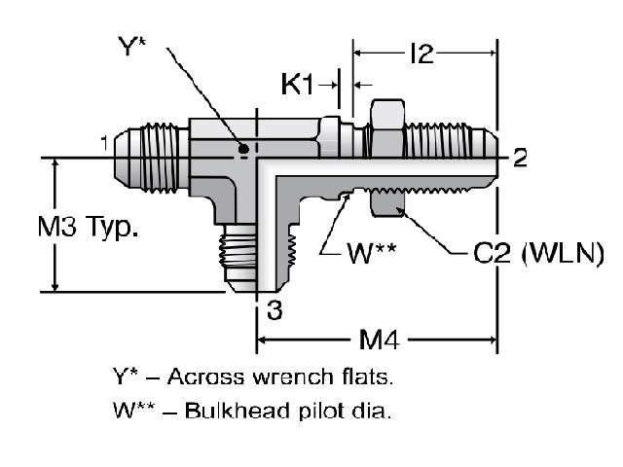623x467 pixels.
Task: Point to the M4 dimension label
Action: (x=376, y=341)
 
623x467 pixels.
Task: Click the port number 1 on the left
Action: (x=103, y=144)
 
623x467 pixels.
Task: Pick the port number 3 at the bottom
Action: (x=275, y=310)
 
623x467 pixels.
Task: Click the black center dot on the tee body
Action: (x=243, y=150)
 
